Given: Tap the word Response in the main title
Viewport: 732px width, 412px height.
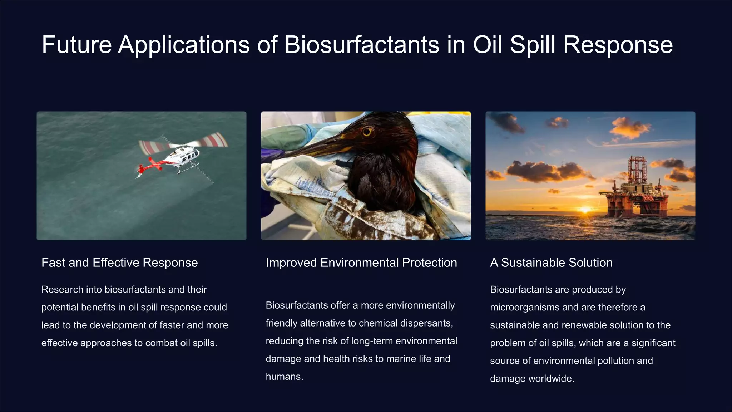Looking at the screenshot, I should point(618,45).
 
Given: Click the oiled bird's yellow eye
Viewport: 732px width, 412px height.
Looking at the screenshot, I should point(367,132).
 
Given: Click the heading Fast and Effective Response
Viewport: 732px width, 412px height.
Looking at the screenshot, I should point(119,263).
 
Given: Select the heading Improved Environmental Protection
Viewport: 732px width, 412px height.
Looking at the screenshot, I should point(361,263).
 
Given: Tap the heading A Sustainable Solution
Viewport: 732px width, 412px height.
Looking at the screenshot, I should point(551,263).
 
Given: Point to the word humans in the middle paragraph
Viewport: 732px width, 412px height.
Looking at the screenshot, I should point(284,377).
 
